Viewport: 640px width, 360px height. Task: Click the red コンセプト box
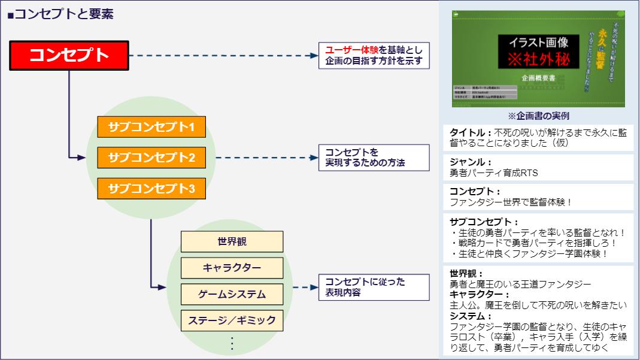point(69,56)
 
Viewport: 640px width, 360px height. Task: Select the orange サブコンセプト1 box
point(151,127)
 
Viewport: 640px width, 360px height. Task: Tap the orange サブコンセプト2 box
point(151,158)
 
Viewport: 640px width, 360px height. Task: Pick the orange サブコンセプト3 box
point(151,189)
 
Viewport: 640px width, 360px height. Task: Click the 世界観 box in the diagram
point(232,241)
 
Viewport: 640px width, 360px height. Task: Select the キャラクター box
point(232,268)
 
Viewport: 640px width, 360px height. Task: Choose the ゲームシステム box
point(232,294)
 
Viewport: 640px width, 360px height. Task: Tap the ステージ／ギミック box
point(232,320)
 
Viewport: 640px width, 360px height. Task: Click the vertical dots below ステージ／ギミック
point(232,343)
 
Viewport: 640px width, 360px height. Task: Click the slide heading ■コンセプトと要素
point(60,14)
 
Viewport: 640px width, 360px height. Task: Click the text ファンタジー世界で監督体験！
point(510,202)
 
